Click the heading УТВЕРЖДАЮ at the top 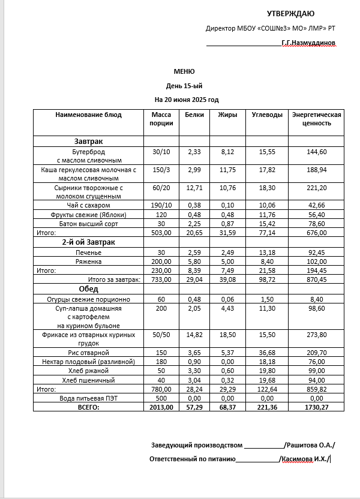point(290,14)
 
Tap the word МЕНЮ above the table point(184,71)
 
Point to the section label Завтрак point(88,141)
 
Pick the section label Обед point(89,289)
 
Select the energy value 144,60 point(316,152)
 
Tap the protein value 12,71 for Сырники point(194,188)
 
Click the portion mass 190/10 point(161,205)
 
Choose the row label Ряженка point(88,261)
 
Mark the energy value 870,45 point(316,280)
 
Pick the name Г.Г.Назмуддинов point(308,43)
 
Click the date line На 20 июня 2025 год point(187,100)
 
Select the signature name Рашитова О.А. point(310,445)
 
